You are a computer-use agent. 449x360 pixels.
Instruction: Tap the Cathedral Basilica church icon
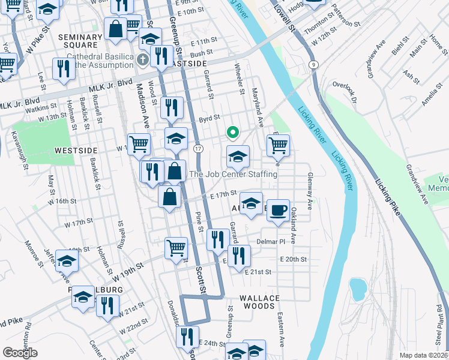coord(142,59)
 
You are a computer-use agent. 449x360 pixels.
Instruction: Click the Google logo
coord(20,353)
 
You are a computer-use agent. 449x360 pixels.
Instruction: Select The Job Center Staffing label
coord(234,175)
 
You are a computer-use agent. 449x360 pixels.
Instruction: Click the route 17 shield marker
coord(198,148)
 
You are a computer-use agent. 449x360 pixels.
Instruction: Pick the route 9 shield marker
coord(313,64)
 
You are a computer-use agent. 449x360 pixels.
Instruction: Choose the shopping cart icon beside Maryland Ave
coord(279,145)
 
